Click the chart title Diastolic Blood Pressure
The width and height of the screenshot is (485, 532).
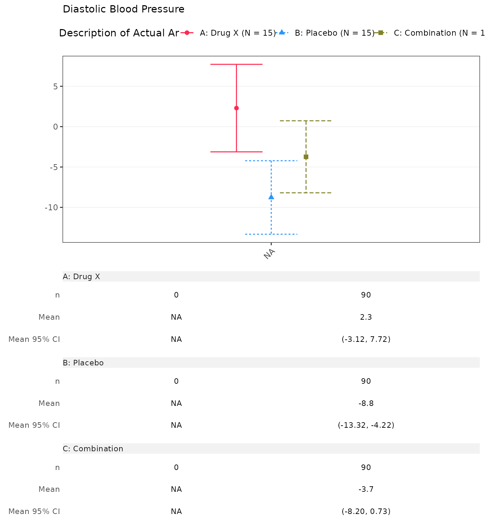pyautogui.click(x=123, y=9)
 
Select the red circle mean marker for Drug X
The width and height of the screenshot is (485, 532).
pyautogui.click(x=236, y=108)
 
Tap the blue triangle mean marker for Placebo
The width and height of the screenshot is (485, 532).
pyautogui.click(x=271, y=197)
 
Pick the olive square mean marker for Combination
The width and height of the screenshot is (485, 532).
pyautogui.click(x=306, y=157)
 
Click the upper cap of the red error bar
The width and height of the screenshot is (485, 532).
pyautogui.click(x=236, y=64)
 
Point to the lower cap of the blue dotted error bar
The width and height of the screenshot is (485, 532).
pyautogui.click(x=271, y=234)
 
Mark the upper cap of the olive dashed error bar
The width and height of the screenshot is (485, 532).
pyautogui.click(x=306, y=121)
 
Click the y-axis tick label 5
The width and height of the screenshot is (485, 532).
pyautogui.click(x=55, y=86)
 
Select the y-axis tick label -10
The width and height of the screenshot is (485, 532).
pyautogui.click(x=51, y=207)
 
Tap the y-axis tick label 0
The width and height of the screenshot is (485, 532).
pyautogui.click(x=55, y=127)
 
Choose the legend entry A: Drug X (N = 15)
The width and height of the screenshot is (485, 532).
pyautogui.click(x=237, y=33)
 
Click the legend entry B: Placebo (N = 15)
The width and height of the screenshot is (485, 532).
pyautogui.click(x=334, y=33)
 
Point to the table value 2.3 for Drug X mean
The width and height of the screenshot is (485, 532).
pyautogui.click(x=366, y=317)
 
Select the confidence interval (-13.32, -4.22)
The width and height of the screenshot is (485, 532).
pyautogui.click(x=366, y=425)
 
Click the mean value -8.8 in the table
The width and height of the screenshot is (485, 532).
pyautogui.click(x=366, y=403)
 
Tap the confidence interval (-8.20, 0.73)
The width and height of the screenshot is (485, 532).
pyautogui.click(x=366, y=511)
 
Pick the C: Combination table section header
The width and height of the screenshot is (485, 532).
pyautogui.click(x=93, y=449)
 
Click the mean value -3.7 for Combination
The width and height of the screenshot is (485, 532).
pyautogui.click(x=366, y=489)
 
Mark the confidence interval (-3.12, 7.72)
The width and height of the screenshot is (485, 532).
pyautogui.click(x=366, y=339)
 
